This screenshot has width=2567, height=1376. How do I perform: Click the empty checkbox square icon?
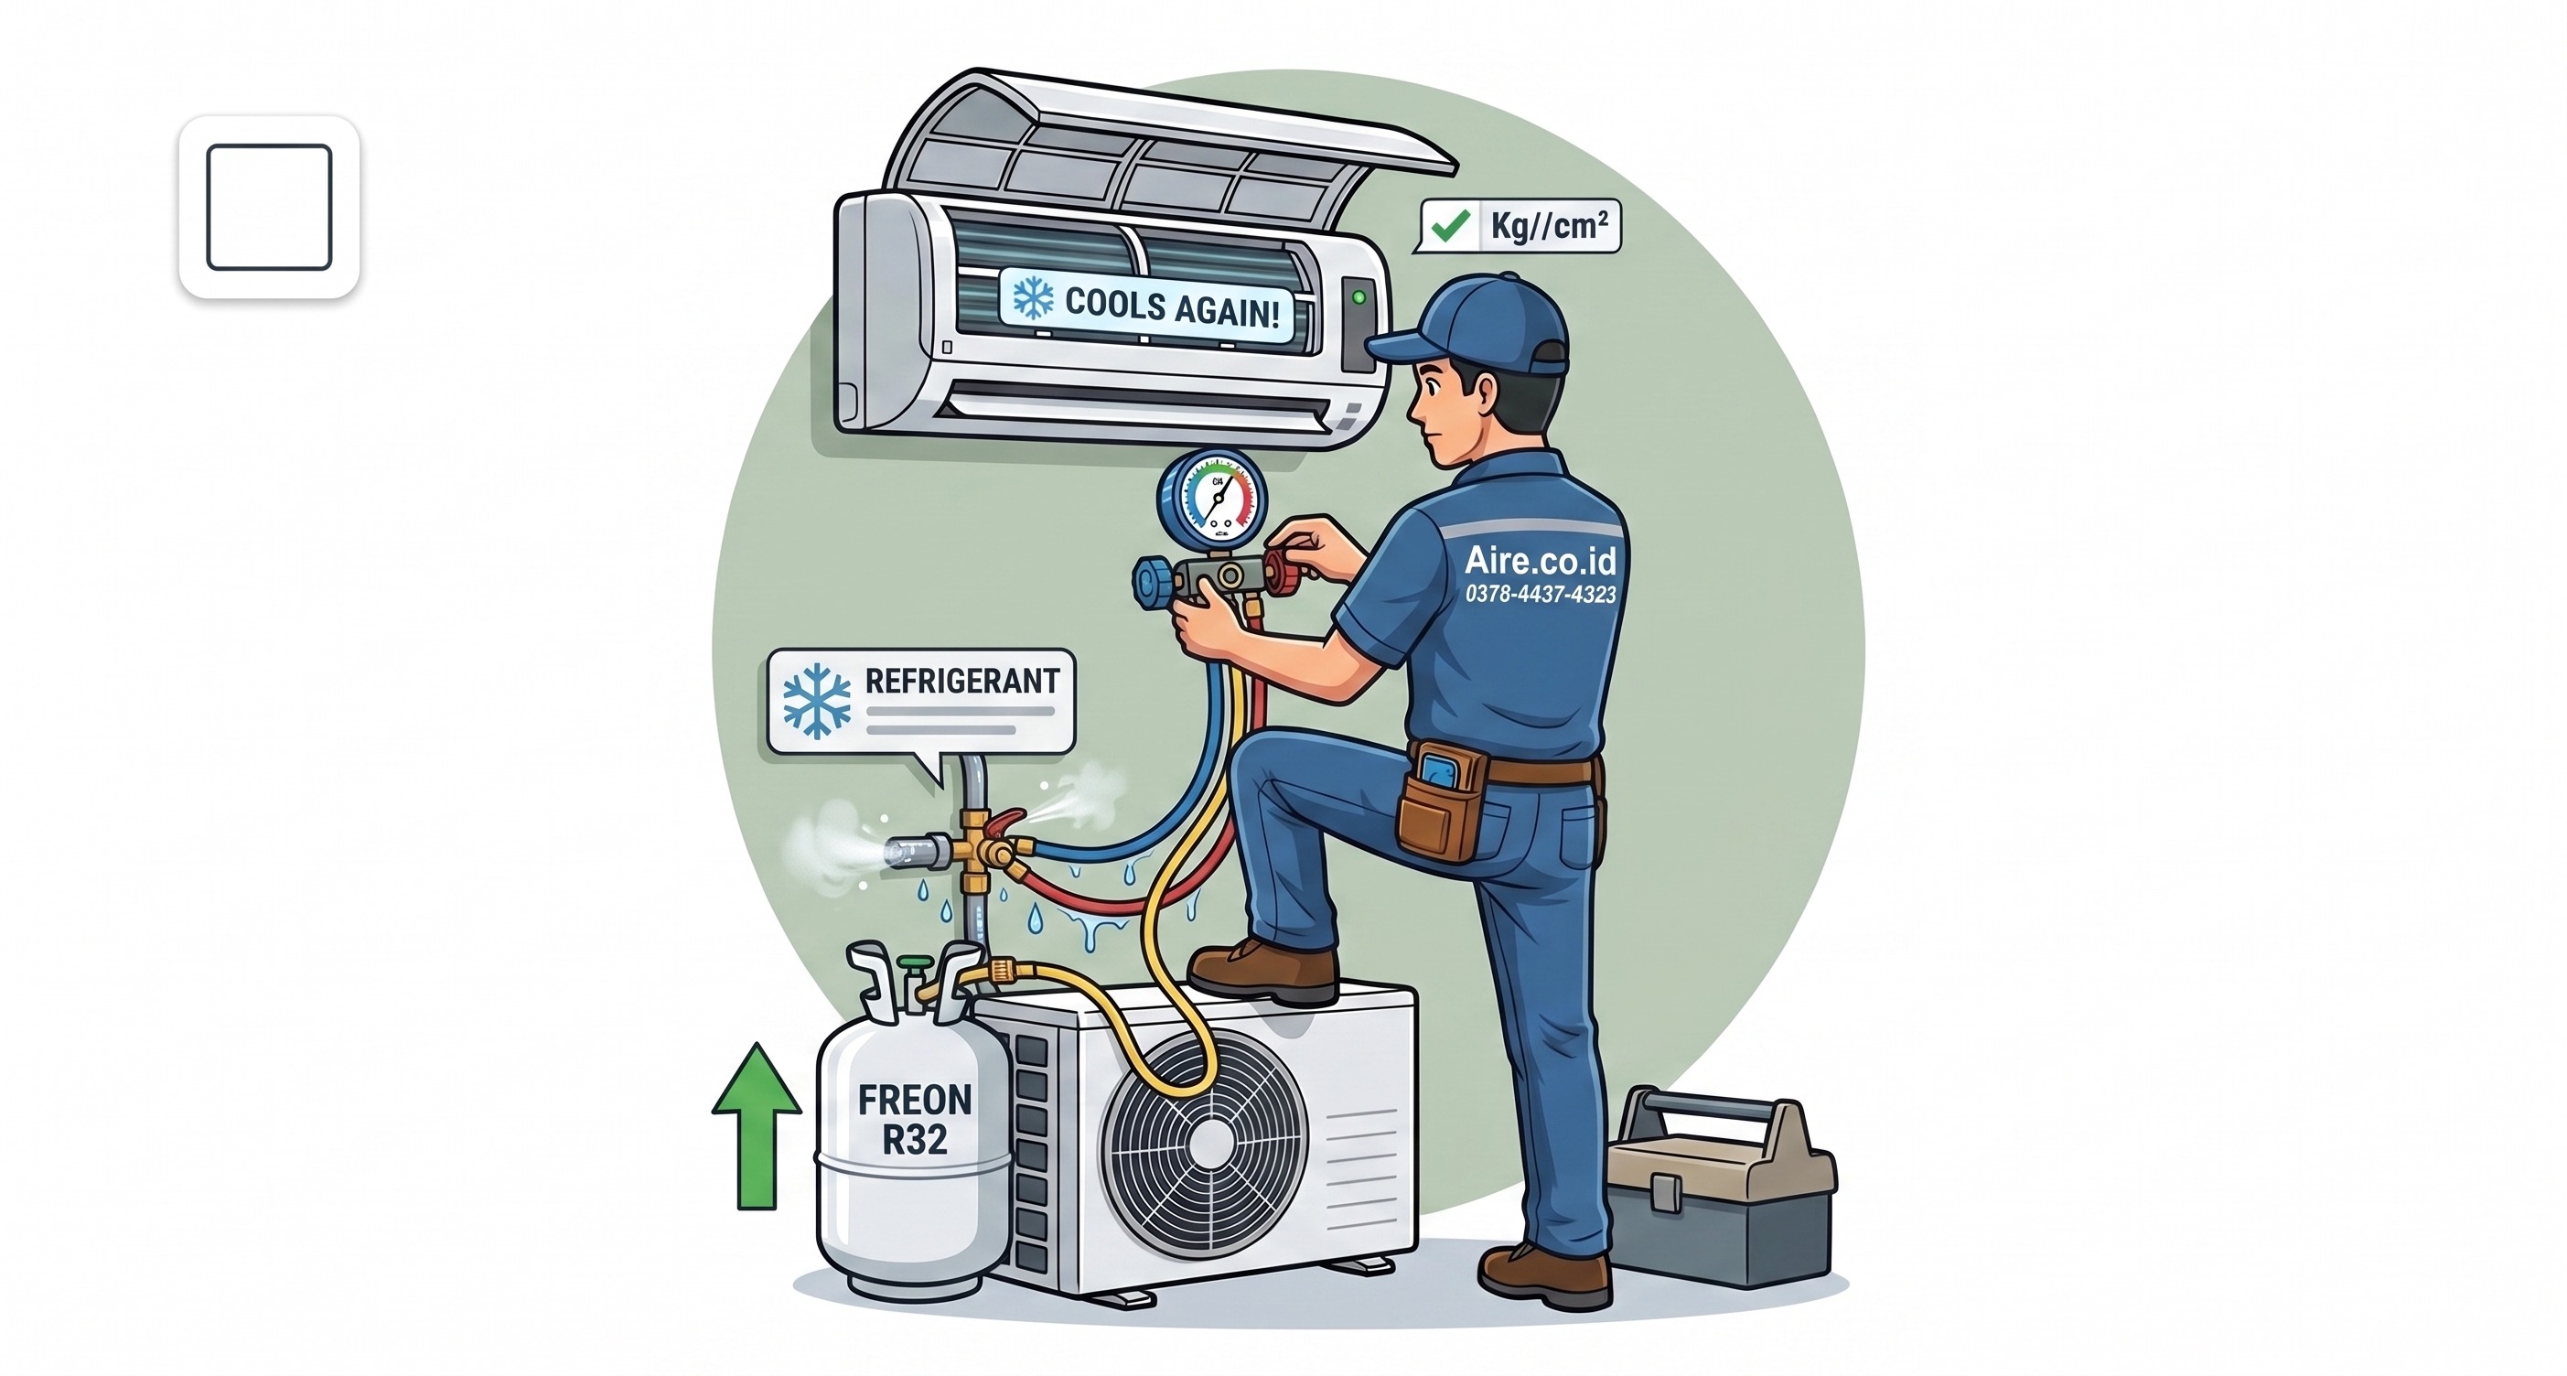[x=269, y=208]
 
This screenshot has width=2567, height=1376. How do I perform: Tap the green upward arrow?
[x=757, y=1125]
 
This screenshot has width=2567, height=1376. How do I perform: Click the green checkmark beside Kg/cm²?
[x=1450, y=225]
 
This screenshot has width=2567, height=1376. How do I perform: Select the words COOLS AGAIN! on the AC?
[x=1172, y=308]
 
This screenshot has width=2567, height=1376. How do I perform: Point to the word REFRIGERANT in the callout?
[x=961, y=682]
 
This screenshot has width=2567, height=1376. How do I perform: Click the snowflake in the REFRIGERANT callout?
[x=817, y=701]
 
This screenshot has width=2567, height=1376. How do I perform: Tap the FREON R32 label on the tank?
[x=915, y=1119]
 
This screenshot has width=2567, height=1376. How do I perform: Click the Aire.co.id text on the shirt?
[x=1540, y=560]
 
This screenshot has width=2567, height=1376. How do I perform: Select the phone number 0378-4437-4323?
[x=1541, y=594]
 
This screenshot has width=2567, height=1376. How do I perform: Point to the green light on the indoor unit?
[x=1359, y=297]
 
